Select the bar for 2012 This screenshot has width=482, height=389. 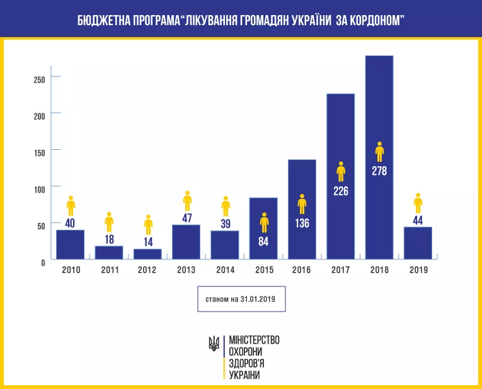(x=147, y=254)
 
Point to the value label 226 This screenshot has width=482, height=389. (x=341, y=191)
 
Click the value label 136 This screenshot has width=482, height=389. (x=302, y=223)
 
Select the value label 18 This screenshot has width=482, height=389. (x=109, y=240)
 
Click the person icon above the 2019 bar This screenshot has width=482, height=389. (x=418, y=203)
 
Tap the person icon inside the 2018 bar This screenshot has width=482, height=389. (x=379, y=152)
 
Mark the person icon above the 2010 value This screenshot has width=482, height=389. (x=71, y=205)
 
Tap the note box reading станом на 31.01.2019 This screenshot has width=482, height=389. (x=241, y=300)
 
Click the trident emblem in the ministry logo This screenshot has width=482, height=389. (x=214, y=343)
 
